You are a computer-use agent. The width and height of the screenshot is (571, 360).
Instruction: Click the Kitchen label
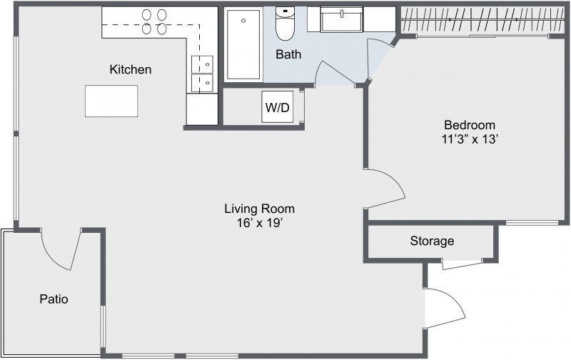pos(131,69)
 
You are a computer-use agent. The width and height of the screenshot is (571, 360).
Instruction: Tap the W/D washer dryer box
pos(278,106)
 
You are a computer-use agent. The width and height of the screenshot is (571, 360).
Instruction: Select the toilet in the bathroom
pos(285,24)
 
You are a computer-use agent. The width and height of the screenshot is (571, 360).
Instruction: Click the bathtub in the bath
pos(243,44)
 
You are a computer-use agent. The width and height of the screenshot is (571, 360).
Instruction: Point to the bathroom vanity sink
pos(342,19)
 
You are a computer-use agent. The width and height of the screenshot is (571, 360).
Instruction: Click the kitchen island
pos(111,101)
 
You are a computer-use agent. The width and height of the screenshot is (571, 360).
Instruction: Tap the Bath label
pos(288,54)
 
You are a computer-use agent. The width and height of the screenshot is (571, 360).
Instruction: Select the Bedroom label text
pos(470,125)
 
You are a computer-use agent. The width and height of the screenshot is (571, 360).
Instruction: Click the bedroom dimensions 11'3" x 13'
pos(470,139)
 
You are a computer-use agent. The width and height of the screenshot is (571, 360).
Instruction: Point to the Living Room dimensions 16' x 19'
pos(260,223)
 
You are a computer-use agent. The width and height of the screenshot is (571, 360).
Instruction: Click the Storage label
pos(432,241)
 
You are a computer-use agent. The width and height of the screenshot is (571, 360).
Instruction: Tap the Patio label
pos(54,299)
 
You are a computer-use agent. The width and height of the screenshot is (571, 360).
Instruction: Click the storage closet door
pos(462,265)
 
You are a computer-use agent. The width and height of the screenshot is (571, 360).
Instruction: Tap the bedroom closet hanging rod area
pos(483,20)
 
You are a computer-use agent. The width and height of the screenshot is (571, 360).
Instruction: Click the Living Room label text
pos(260,209)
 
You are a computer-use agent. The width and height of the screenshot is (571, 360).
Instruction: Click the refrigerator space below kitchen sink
pos(202,109)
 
